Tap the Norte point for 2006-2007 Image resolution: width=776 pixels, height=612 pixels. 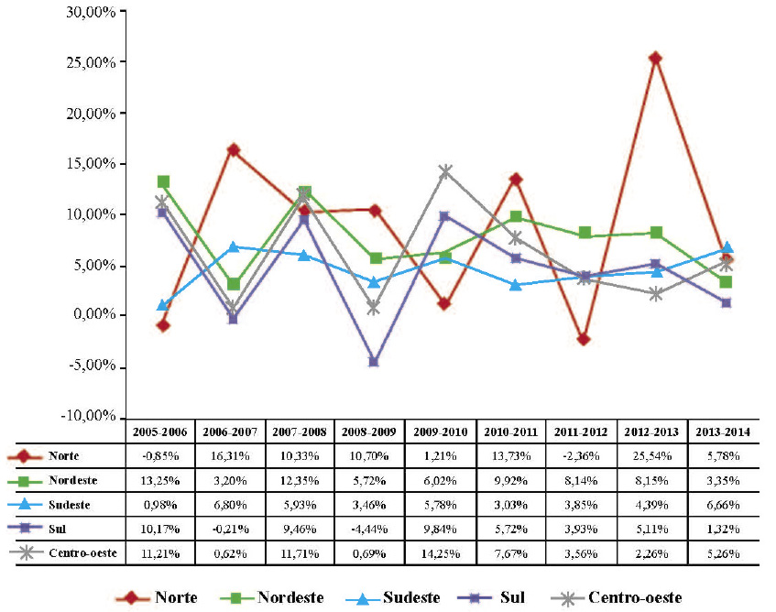[x=233, y=149]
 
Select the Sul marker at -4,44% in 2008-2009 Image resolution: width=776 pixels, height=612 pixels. [x=374, y=361]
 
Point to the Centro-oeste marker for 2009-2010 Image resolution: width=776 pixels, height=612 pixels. [x=445, y=171]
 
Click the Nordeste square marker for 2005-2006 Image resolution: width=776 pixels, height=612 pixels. [x=163, y=181]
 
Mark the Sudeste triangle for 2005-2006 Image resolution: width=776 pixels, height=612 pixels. [x=163, y=305]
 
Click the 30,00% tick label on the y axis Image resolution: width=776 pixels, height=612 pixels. [x=86, y=12]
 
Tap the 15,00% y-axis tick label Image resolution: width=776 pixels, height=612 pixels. [x=86, y=164]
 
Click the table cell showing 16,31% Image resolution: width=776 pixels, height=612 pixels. [x=230, y=454]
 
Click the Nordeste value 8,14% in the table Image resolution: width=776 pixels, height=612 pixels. [x=583, y=479]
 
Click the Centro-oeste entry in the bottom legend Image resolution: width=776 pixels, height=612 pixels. [x=620, y=597]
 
